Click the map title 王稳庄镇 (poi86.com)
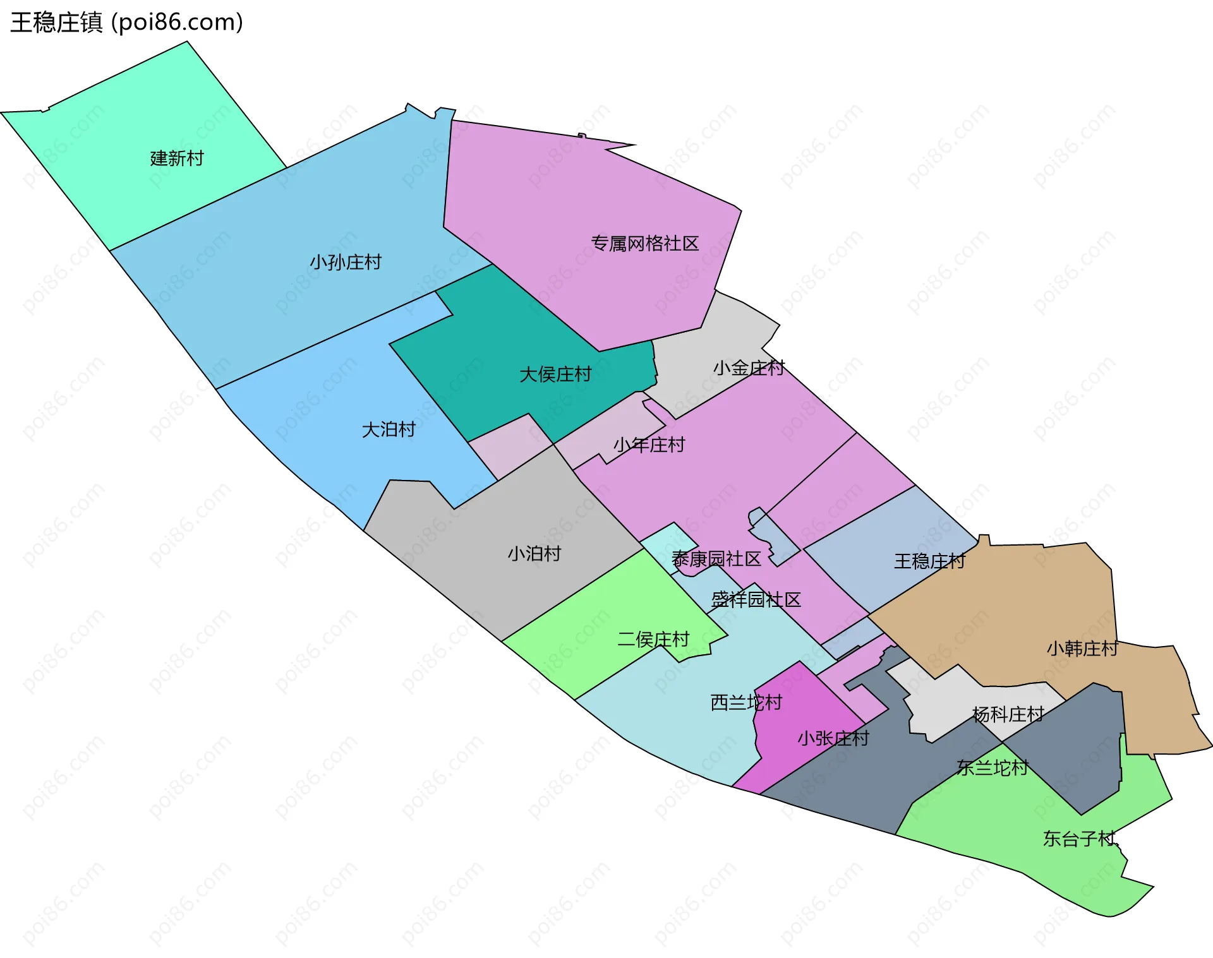(126, 23)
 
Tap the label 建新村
(177, 159)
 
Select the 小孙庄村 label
(346, 262)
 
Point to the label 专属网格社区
(644, 244)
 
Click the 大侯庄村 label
(555, 374)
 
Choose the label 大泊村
(389, 430)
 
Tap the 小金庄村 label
(749, 368)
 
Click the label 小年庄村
(649, 445)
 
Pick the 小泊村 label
(534, 554)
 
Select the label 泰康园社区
(716, 559)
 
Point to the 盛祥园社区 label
(756, 599)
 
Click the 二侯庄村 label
(653, 640)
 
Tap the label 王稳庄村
(929, 561)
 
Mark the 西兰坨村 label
(746, 702)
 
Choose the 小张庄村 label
(833, 738)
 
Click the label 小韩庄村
(1082, 649)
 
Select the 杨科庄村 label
(1008, 714)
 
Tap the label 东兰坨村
(993, 767)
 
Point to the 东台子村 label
(1079, 839)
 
